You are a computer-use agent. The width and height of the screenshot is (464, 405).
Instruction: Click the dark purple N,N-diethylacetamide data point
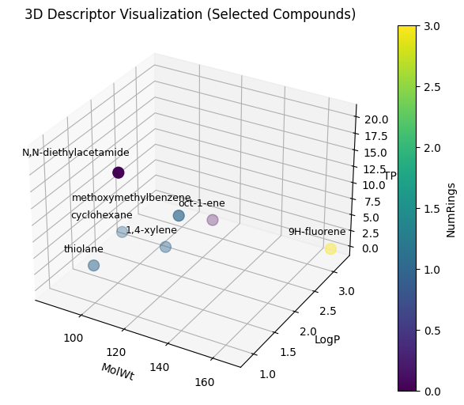click(x=119, y=172)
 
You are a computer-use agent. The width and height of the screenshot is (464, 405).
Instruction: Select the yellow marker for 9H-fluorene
click(x=330, y=248)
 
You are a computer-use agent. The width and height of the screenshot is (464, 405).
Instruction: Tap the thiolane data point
click(x=93, y=265)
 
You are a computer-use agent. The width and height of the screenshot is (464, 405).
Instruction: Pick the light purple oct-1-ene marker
click(x=213, y=220)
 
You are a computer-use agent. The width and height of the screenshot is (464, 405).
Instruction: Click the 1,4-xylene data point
click(x=165, y=247)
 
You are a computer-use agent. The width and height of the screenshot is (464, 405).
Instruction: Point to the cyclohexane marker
click(x=122, y=232)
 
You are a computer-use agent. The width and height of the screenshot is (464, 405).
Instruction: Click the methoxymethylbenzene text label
click(x=131, y=198)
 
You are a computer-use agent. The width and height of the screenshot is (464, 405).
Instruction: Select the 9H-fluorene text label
click(x=317, y=231)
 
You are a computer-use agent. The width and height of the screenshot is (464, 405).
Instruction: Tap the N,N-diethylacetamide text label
click(x=76, y=153)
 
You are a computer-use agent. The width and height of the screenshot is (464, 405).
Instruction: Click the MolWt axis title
click(x=118, y=372)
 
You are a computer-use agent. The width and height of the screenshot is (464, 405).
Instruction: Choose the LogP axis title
click(x=327, y=339)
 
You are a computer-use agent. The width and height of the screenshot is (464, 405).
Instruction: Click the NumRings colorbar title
click(x=451, y=210)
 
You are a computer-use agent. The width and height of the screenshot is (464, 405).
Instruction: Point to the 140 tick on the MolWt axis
click(x=160, y=367)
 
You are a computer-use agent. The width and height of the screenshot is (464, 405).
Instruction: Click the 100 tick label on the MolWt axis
click(x=74, y=338)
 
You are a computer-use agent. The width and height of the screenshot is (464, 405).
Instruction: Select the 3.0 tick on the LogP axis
click(x=346, y=292)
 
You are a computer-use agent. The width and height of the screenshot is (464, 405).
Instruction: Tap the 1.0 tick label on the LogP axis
click(x=268, y=374)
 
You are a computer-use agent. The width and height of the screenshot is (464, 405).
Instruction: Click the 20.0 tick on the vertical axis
click(x=376, y=119)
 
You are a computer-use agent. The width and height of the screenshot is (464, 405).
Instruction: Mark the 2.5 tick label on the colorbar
click(x=432, y=87)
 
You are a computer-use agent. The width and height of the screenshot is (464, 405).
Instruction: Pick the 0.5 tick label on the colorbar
click(x=432, y=331)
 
